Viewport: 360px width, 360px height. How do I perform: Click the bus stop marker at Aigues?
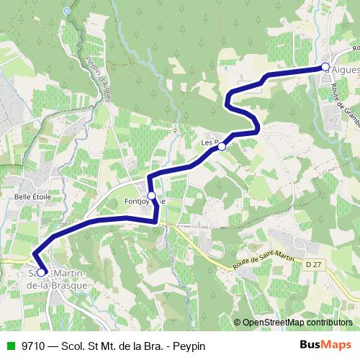[x=325, y=67]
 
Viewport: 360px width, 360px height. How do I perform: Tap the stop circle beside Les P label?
[x=222, y=146]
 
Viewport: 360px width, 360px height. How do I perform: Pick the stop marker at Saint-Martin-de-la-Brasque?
[x=41, y=272]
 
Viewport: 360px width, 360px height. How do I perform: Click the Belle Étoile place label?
[x=30, y=195]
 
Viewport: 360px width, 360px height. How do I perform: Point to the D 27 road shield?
[x=312, y=265]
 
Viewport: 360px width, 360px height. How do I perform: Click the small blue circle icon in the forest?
[x=67, y=11]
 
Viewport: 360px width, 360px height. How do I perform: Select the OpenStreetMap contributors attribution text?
[x=297, y=323]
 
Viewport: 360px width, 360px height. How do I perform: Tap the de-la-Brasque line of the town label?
[x=57, y=285]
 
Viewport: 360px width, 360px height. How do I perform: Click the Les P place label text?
[x=209, y=143]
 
